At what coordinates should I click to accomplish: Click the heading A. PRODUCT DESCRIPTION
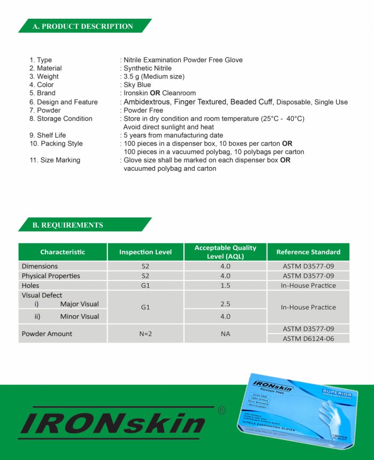(x=83, y=26)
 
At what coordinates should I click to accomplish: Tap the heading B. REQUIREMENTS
(x=68, y=225)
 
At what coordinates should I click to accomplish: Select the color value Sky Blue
(x=137, y=84)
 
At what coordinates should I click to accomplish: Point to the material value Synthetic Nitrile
(x=147, y=68)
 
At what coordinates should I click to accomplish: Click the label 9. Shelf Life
(x=48, y=135)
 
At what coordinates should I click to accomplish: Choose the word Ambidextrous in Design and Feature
(x=147, y=102)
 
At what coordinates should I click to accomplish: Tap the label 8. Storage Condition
(x=61, y=119)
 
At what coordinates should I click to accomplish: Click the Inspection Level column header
(x=145, y=252)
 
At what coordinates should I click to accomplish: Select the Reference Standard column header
(x=308, y=252)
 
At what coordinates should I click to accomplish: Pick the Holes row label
(x=30, y=285)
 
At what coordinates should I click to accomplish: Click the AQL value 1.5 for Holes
(x=225, y=285)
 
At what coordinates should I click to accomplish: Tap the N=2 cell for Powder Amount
(x=145, y=333)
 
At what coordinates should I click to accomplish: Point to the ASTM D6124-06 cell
(x=308, y=339)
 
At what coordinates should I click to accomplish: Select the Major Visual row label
(x=79, y=304)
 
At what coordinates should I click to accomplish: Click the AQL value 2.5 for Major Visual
(x=225, y=304)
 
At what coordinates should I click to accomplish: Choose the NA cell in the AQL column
(x=225, y=333)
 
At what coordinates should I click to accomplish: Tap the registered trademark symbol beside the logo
(x=222, y=410)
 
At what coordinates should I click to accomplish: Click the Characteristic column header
(x=63, y=252)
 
